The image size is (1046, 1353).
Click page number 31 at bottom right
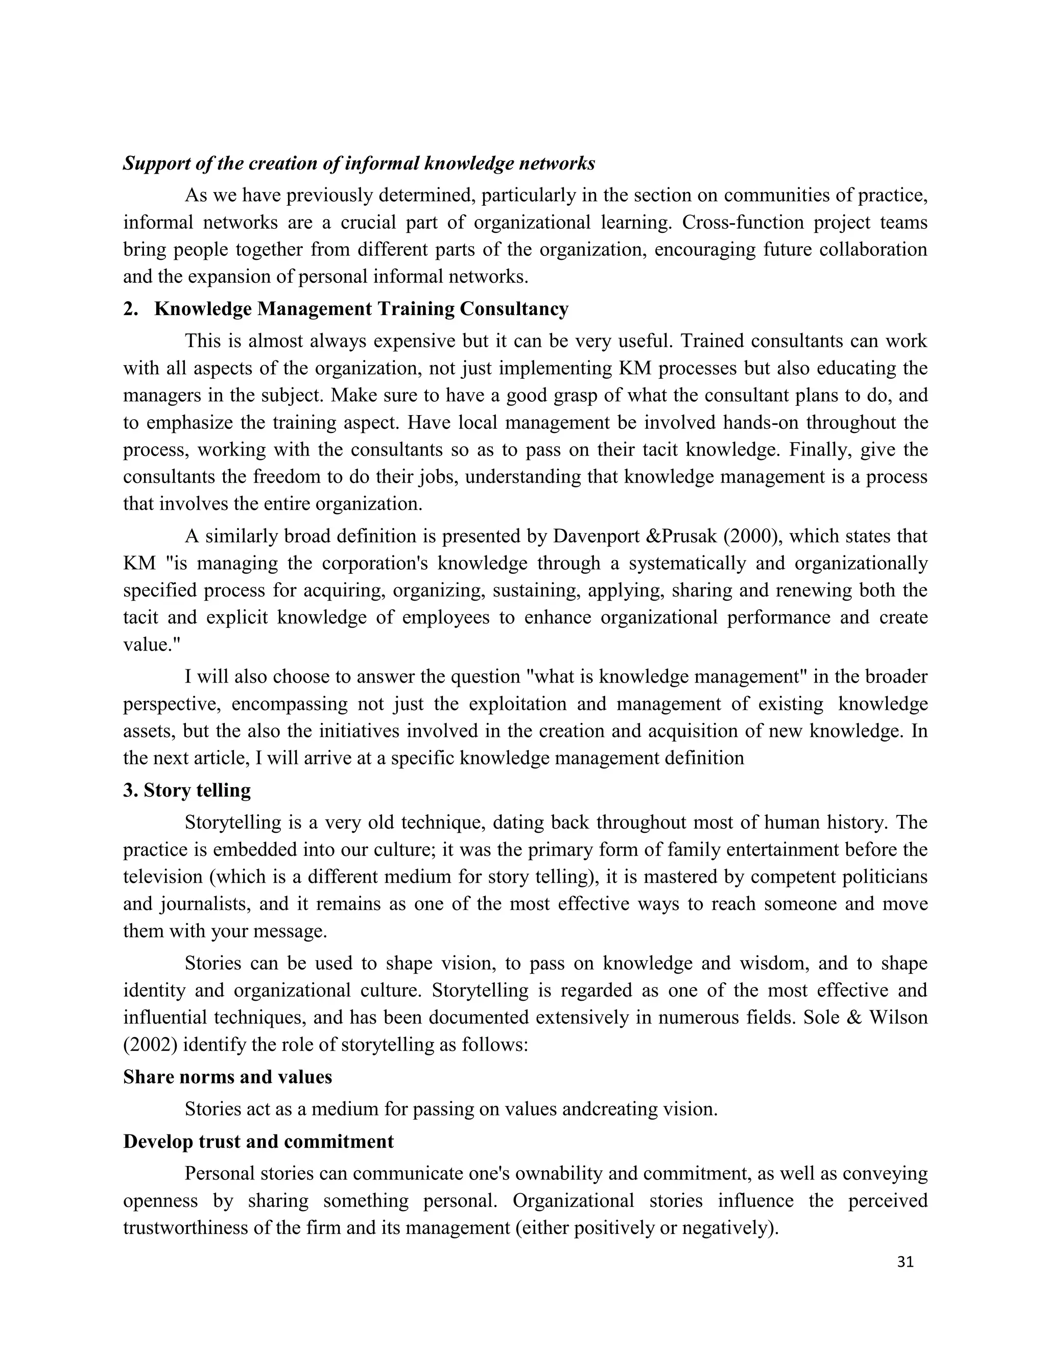point(905,1263)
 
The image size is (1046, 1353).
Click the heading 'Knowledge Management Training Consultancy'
point(361,308)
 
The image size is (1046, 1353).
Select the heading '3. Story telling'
point(187,790)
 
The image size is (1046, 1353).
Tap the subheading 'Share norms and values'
point(227,1077)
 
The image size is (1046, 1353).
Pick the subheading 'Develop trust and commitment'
point(258,1141)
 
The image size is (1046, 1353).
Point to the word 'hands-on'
point(761,423)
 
